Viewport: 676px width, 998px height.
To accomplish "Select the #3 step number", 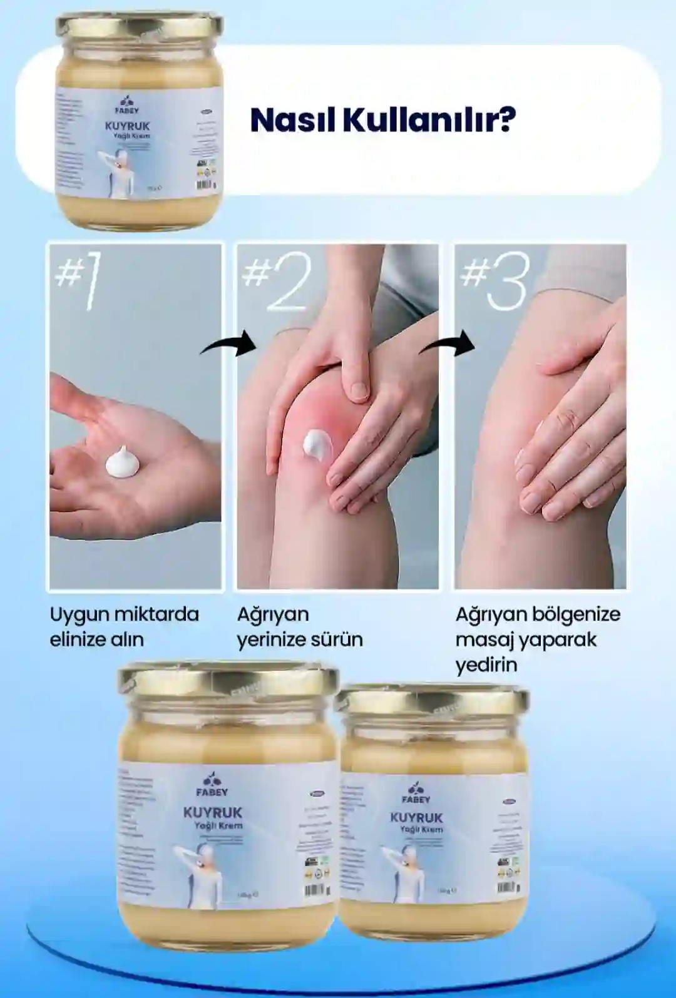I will (494, 282).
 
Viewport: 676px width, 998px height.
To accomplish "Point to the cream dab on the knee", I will (317, 443).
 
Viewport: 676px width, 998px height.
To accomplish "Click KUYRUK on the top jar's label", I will (127, 126).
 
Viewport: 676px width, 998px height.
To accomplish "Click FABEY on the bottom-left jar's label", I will (212, 792).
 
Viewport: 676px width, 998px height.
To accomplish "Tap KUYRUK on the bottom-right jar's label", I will (416, 818).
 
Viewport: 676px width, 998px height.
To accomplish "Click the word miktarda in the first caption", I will (159, 614).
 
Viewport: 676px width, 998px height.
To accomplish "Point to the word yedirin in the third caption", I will (486, 664).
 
